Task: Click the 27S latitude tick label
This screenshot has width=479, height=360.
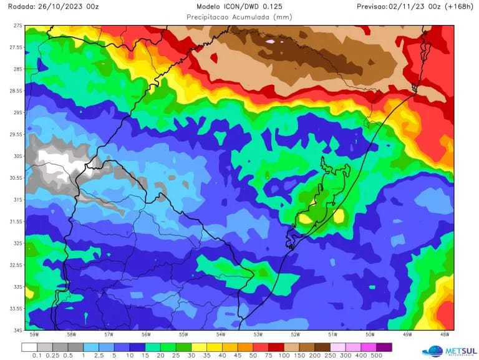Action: (18, 26)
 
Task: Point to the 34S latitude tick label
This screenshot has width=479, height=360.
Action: (18, 329)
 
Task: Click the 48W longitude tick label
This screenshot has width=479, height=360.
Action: (444, 334)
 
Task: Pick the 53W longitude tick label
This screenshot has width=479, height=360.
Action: (258, 334)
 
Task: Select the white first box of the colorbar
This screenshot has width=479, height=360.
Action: (29, 346)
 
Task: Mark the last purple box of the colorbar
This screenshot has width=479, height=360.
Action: (384, 346)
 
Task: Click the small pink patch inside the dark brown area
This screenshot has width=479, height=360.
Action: (269, 42)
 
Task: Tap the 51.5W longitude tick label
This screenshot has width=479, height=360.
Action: (314, 334)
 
